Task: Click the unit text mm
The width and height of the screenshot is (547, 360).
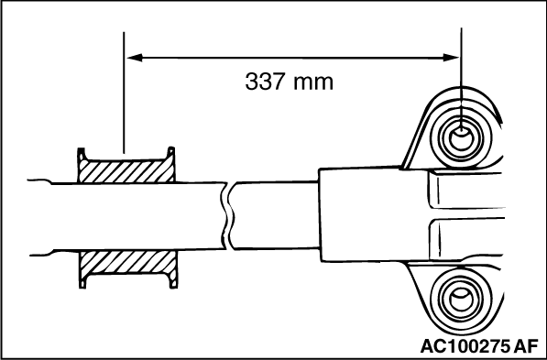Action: (313, 83)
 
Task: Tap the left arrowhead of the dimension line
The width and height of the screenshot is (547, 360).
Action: (135, 58)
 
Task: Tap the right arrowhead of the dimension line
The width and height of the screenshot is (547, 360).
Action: (451, 58)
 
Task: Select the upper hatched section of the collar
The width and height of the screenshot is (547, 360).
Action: (126, 171)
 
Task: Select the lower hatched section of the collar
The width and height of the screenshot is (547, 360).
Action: (127, 262)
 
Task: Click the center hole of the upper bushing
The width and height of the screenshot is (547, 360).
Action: (461, 138)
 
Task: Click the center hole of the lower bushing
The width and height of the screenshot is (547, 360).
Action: (461, 300)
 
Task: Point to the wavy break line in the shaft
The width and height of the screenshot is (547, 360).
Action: (225, 215)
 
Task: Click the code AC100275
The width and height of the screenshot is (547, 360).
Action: (465, 346)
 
